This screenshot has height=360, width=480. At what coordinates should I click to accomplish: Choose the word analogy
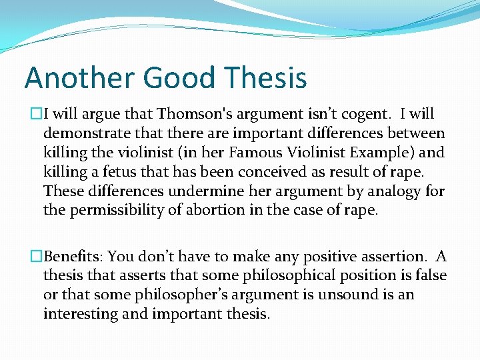click(x=387, y=191)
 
